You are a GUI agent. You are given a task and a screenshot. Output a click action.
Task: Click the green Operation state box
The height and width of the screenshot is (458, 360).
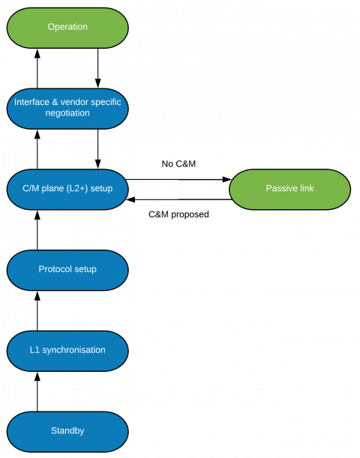(67, 28)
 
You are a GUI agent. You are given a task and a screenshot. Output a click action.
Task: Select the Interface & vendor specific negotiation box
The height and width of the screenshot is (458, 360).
(67, 109)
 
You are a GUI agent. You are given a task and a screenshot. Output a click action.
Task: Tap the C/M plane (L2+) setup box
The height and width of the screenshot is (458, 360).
(67, 189)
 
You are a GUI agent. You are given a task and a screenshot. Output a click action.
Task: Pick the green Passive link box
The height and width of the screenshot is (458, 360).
(289, 189)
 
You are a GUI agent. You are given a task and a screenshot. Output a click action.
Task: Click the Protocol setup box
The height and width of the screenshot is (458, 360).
(67, 270)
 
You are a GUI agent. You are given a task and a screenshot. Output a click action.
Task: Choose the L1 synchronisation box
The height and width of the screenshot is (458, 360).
(67, 351)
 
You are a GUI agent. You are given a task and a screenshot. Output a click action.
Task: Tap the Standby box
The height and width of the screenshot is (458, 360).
(67, 432)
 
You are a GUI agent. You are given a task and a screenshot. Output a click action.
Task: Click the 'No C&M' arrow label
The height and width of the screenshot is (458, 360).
(178, 164)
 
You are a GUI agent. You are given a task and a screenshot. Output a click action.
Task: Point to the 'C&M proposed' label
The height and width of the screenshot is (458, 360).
(178, 214)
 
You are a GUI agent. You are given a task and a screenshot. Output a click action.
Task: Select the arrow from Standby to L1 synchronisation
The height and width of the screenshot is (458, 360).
(37, 392)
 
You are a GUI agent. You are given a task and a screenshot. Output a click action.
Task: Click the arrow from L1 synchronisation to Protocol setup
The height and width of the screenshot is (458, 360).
(37, 311)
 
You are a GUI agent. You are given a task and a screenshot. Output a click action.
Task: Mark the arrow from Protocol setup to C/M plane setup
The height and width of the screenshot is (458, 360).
(37, 230)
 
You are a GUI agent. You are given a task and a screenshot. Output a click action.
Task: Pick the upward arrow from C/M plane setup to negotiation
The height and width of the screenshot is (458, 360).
(37, 149)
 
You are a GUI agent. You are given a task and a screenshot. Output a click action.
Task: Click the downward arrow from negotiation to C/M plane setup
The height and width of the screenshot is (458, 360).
(98, 149)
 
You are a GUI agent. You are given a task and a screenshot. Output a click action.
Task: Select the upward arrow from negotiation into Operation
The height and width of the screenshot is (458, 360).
(37, 68)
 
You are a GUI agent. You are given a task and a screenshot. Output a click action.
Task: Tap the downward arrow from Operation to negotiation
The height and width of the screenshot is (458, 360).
(98, 68)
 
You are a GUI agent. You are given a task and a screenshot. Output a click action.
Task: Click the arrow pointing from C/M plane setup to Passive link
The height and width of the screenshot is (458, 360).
(178, 179)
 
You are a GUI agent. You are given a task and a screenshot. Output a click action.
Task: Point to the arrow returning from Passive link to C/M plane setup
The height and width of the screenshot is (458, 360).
(179, 199)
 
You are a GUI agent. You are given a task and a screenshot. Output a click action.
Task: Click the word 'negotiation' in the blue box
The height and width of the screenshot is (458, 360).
(67, 113)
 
